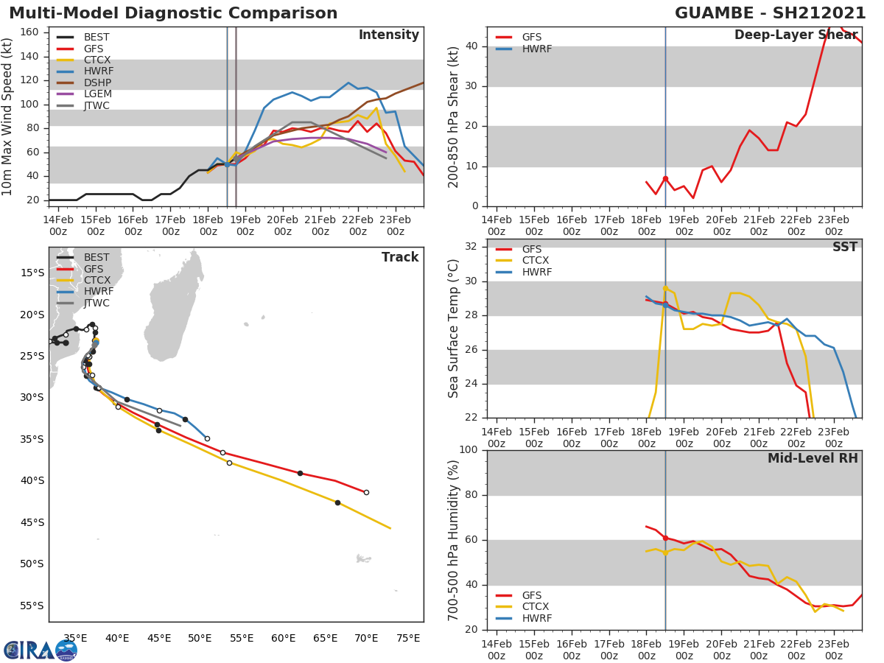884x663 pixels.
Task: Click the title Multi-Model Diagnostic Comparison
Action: click(173, 13)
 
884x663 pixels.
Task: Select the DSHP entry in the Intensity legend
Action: click(97, 83)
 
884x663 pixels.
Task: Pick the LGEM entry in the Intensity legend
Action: click(97, 94)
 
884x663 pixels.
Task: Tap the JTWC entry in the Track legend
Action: click(97, 303)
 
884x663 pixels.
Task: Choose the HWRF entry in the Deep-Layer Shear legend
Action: click(536, 49)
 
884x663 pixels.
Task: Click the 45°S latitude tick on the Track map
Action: click(32, 522)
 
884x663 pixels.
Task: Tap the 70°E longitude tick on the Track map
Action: click(366, 638)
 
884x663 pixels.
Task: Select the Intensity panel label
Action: click(388, 35)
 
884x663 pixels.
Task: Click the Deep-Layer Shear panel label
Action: click(796, 35)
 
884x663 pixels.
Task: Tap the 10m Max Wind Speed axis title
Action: click(8, 116)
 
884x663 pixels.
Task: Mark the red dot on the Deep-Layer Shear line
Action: click(665, 179)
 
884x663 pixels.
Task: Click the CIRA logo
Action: click(41, 650)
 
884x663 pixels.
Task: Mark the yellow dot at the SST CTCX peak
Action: click(665, 289)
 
